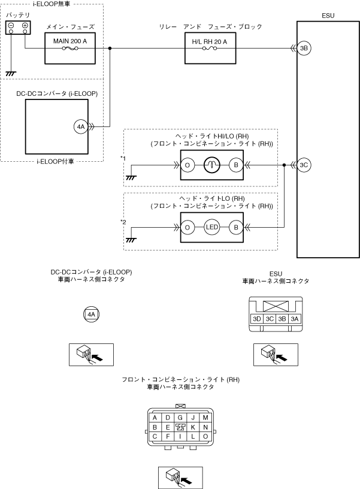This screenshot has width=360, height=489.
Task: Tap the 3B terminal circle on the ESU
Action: (304, 49)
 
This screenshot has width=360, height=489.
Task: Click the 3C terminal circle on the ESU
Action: (304, 164)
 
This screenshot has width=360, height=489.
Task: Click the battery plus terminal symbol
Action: (25, 26)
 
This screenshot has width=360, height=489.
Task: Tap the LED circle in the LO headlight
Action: (211, 227)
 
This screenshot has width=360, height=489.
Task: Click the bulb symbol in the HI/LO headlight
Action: (211, 164)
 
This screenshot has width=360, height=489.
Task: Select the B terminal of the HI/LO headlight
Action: (236, 164)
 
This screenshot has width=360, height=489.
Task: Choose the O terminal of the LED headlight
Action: (187, 227)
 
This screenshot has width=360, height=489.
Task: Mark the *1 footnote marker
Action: (123, 158)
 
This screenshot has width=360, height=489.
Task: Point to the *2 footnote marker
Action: (123, 222)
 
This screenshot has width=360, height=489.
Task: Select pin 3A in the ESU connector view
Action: (294, 319)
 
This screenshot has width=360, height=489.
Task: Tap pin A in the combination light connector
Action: (155, 417)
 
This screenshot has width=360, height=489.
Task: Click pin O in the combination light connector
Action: (205, 436)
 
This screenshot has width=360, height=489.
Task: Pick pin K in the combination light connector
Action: (193, 427)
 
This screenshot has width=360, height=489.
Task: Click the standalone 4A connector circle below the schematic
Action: (90, 313)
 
